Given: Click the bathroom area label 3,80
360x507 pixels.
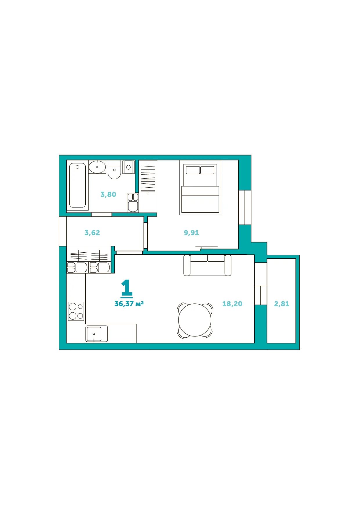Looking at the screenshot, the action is [x=108, y=194].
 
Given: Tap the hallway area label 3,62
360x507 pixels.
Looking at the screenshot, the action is [x=92, y=233].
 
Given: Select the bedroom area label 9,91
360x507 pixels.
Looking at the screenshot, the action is [x=191, y=233].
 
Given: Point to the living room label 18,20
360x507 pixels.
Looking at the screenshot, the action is [x=232, y=304].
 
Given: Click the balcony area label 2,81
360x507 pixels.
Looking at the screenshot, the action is [x=282, y=304].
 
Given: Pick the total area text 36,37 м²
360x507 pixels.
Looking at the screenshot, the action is [x=129, y=304].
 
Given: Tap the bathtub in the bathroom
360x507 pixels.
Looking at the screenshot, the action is [x=78, y=185].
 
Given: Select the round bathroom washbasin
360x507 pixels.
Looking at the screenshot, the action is [x=97, y=167].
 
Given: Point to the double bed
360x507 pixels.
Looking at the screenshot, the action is [x=200, y=187].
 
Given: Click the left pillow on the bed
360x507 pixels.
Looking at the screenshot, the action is [x=193, y=170].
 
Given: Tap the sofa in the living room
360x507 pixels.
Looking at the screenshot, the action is [x=207, y=265].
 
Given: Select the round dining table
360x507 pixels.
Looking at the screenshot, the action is [x=195, y=320].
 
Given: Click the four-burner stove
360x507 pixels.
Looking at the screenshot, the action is [x=76, y=311].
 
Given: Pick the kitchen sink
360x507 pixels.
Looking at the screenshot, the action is [x=97, y=334].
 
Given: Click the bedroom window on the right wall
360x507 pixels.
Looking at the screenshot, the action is [x=245, y=207].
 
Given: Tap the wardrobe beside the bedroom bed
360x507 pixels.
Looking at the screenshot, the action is [x=148, y=186].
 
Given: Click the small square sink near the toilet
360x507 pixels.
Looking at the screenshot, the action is [x=128, y=167].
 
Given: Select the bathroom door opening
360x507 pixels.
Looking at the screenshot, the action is [x=102, y=215].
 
